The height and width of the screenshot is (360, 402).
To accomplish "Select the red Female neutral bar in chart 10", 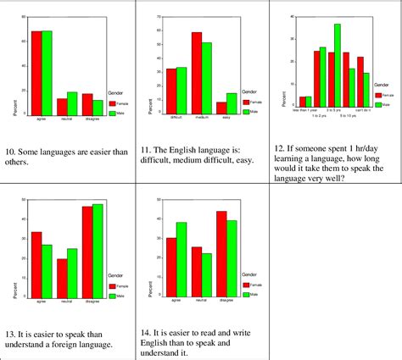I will [62, 106].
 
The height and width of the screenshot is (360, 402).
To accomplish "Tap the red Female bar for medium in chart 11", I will [197, 73].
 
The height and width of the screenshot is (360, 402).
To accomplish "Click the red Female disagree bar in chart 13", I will [87, 254].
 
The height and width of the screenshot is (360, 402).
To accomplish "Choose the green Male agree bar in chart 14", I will [181, 262].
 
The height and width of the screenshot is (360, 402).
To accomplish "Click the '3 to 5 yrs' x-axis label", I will [333, 110].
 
